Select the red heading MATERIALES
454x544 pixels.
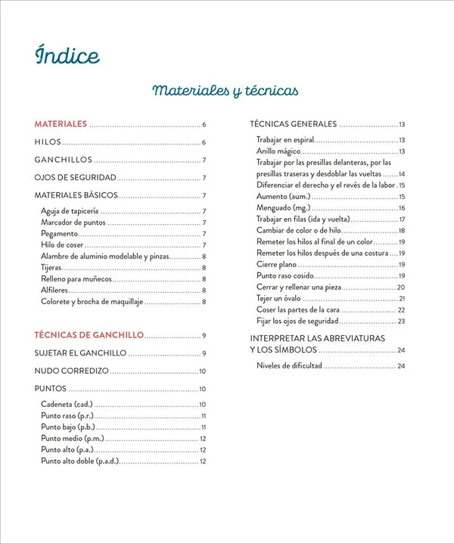coord(61,123)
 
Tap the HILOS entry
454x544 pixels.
coord(48,141)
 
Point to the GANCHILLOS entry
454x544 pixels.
coord(64,160)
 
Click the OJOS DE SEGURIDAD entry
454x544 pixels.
coord(75,178)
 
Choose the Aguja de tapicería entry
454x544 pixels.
coord(70,211)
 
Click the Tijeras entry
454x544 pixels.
coord(51,268)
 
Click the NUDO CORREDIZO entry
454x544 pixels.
coord(72,371)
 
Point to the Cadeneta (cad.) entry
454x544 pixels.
coord(67,404)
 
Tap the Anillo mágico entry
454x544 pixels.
coord(279,151)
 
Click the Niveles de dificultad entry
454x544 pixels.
coord(290,365)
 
